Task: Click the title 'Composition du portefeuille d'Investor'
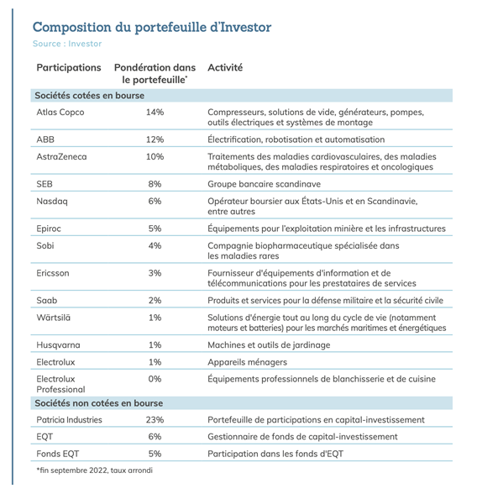pos(152,27)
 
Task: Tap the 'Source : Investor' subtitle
pos(67,44)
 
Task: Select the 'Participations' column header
pos(69,68)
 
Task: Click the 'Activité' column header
pos(225,67)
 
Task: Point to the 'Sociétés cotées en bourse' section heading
pos(89,96)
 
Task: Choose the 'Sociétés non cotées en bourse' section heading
pos(99,403)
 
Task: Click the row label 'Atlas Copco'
pos(60,113)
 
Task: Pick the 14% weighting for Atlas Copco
pos(155,113)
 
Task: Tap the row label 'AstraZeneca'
pos(61,156)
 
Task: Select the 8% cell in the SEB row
pos(155,184)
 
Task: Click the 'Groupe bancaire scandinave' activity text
pos(264,184)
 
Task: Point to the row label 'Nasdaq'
pos(52,202)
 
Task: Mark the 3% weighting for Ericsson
pos(155,273)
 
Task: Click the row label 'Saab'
pos(46,300)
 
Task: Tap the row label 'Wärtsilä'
pos(53,318)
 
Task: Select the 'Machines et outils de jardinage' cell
pos(269,345)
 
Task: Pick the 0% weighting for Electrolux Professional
pos(155,379)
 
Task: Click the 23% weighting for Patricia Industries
pos(155,420)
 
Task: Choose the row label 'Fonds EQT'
pos(58,454)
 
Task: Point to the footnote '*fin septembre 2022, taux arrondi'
pos(94,470)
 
